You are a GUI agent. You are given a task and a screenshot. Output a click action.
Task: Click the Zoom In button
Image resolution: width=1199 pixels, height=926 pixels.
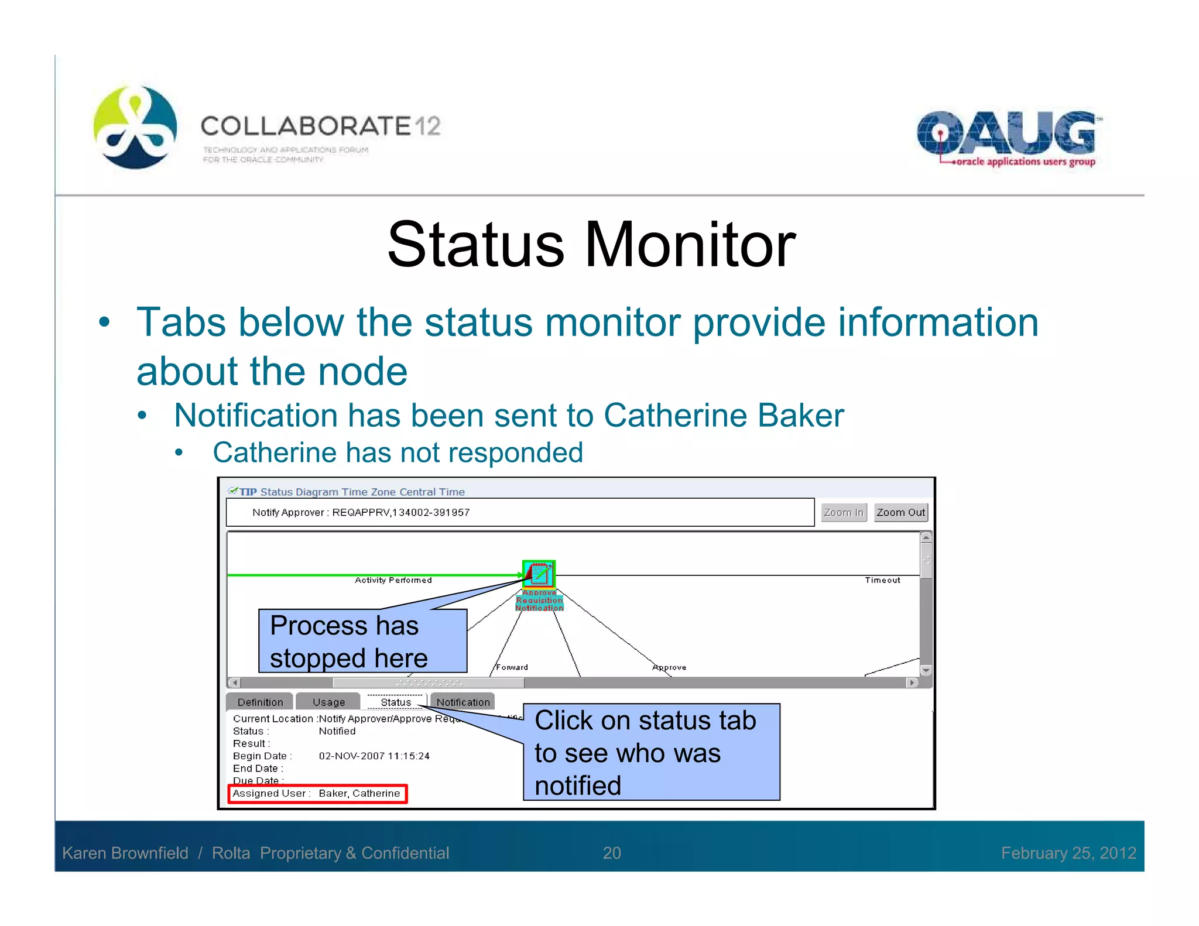click(x=843, y=512)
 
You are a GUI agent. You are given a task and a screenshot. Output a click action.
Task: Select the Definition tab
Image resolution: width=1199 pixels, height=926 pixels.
click(x=260, y=702)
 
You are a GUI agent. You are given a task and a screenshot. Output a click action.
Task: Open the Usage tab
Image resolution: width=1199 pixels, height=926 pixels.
click(x=328, y=702)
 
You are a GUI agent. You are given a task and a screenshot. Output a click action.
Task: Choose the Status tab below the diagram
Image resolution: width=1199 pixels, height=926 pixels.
click(x=396, y=702)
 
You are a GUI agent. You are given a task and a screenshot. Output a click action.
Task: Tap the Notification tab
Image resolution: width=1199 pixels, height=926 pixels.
click(x=463, y=702)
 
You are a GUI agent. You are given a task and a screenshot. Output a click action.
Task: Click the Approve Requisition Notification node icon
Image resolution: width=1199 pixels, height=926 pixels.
click(x=539, y=574)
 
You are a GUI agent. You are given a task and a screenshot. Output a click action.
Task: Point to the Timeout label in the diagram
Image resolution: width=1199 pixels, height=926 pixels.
click(x=882, y=580)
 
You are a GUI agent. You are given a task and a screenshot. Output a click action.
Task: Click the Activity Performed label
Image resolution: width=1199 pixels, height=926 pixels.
click(x=393, y=580)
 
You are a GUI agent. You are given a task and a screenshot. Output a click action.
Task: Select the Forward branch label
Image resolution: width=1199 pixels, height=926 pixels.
click(x=512, y=667)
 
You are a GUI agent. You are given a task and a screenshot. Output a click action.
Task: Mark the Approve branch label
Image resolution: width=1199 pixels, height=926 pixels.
click(x=669, y=667)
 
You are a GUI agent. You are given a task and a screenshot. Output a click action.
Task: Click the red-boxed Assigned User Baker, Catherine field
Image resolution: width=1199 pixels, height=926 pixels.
click(x=317, y=794)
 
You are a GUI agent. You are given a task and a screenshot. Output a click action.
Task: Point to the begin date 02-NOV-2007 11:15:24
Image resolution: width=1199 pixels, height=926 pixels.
click(x=374, y=756)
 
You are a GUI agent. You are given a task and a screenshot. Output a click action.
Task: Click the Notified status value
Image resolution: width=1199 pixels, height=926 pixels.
click(x=337, y=731)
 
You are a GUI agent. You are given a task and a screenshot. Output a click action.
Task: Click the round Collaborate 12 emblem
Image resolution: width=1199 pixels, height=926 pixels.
click(x=135, y=128)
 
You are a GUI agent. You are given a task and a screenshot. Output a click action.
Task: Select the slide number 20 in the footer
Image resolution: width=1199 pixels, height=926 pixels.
click(x=612, y=853)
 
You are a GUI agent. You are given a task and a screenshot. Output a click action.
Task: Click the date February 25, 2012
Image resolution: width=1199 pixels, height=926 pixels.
click(x=1068, y=853)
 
